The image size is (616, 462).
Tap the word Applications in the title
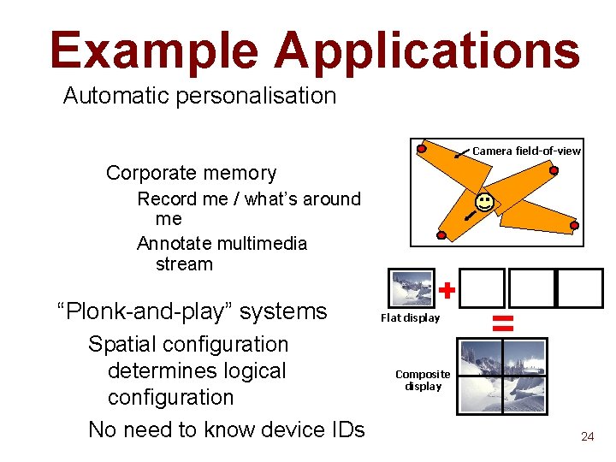click(x=428, y=50)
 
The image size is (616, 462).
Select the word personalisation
click(x=256, y=95)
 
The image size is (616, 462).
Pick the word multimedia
click(x=260, y=243)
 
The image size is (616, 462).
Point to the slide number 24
click(x=587, y=436)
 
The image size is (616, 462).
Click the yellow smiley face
click(x=484, y=203)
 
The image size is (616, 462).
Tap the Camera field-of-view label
click(x=526, y=151)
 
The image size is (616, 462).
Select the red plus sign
click(x=446, y=291)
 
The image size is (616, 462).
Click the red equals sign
click(x=503, y=323)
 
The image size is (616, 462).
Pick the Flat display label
click(x=410, y=317)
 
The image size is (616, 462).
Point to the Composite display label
click(x=423, y=380)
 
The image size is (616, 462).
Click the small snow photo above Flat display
click(x=411, y=288)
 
